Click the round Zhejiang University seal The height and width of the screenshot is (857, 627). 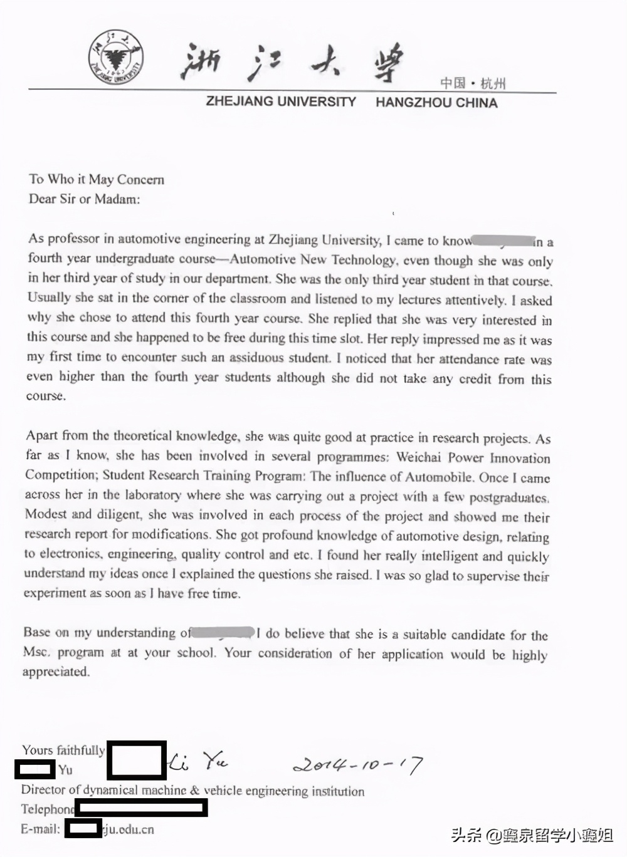tap(116, 58)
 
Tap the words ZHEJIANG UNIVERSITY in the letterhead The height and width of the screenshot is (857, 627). tap(281, 101)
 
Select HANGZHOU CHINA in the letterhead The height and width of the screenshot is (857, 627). tap(436, 103)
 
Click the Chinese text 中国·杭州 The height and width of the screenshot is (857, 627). tap(472, 83)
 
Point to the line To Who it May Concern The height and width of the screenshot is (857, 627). tap(97, 179)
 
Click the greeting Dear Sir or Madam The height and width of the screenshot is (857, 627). tap(85, 199)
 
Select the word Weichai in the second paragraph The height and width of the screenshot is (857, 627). tap(419, 457)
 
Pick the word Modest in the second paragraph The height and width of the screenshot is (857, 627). tap(46, 514)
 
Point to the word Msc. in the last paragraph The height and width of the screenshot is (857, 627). tap(36, 652)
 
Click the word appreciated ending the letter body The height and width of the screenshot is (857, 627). tap(56, 672)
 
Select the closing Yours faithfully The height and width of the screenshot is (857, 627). tap(63, 750)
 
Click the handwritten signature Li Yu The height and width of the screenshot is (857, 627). tap(198, 762)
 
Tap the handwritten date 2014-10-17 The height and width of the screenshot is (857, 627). tap(357, 765)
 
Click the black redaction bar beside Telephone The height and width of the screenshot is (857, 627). tap(141, 808)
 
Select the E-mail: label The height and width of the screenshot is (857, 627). tap(41, 829)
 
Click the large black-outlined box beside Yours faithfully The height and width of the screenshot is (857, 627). tap(137, 760)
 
